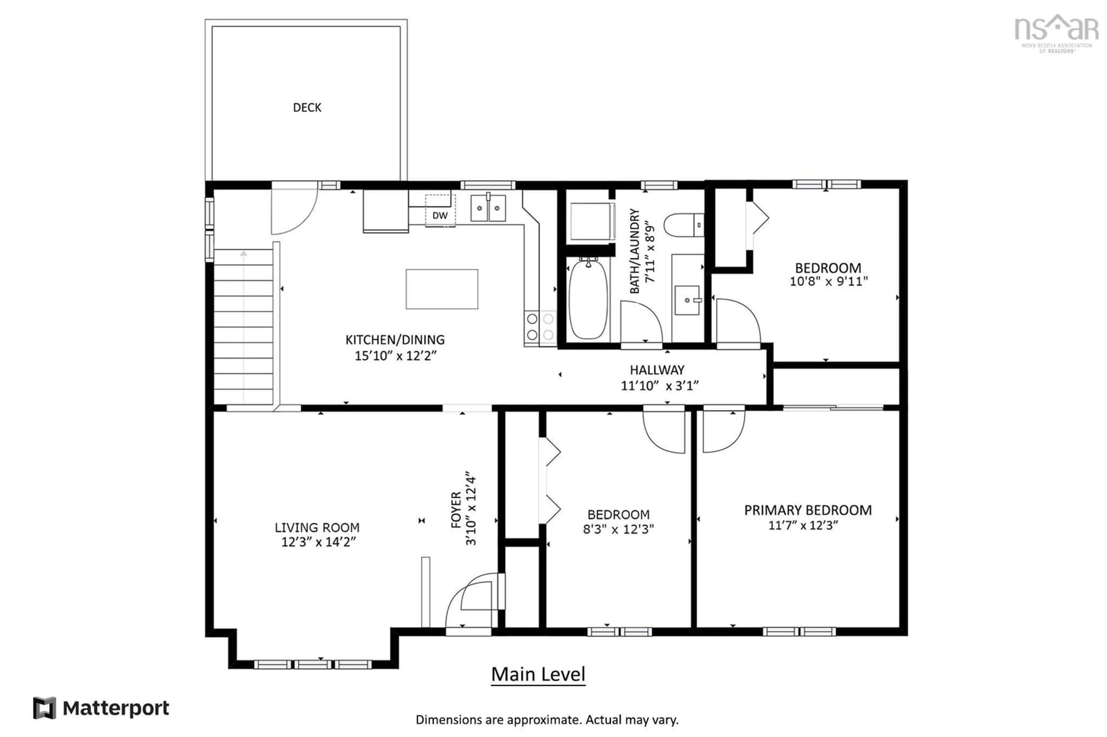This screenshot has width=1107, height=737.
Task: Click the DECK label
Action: [307, 108]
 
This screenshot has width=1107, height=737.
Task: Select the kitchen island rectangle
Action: [442, 289]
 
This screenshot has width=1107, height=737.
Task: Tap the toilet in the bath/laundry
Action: [684, 225]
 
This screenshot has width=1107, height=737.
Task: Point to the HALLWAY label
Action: [657, 370]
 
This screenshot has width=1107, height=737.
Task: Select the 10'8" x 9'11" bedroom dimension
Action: [829, 281]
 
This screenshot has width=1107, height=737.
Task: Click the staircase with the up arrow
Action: [244, 327]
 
